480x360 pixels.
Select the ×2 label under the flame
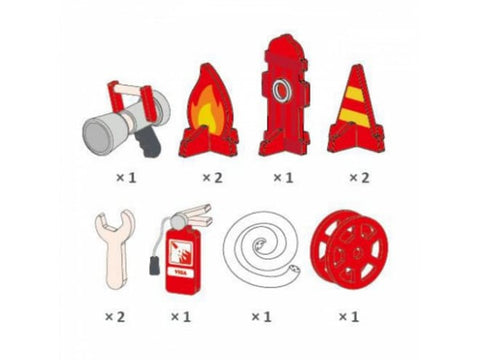point(211,177)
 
